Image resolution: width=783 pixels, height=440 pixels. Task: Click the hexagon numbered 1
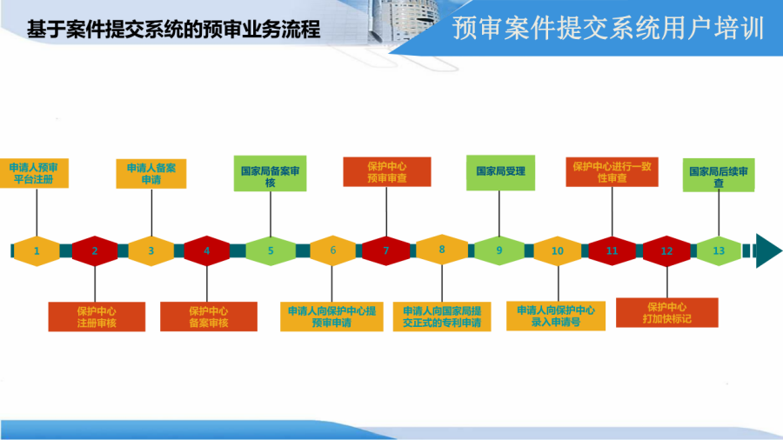(x=37, y=251)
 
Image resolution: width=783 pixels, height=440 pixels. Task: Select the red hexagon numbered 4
(x=207, y=251)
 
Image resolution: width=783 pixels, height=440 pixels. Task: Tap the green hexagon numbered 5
(x=271, y=251)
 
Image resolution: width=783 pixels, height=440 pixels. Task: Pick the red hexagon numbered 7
(x=386, y=251)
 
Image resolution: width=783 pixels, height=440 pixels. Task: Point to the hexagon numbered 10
(x=558, y=251)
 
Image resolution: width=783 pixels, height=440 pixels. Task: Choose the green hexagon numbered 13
(x=719, y=251)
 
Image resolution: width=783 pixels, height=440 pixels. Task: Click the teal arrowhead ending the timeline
(x=768, y=250)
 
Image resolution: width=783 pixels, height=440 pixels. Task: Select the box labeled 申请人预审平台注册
(x=34, y=173)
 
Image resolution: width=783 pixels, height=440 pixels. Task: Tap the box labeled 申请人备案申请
(x=151, y=174)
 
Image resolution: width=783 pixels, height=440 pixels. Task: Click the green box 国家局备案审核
(x=271, y=174)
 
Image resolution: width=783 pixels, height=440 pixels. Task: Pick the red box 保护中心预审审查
(x=387, y=172)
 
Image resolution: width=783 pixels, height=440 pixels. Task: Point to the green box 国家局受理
(x=500, y=172)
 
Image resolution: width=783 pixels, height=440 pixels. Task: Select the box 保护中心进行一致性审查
(x=612, y=172)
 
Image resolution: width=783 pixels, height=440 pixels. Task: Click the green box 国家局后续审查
(x=719, y=175)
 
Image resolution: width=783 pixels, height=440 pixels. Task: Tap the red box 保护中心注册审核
(x=97, y=317)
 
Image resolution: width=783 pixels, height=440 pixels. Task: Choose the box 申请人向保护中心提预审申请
(x=331, y=317)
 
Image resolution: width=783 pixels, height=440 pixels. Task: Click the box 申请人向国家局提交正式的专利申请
(x=442, y=317)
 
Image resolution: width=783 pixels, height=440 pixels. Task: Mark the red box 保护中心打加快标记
(x=667, y=313)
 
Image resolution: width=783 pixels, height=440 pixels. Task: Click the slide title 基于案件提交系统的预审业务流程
(x=173, y=29)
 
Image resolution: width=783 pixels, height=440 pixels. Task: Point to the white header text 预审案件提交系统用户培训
(x=608, y=28)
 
